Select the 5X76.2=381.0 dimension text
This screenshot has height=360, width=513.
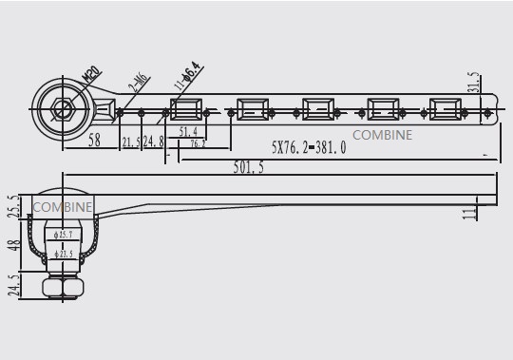pyautogui.click(x=308, y=149)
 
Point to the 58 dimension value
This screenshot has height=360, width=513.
pyautogui.click(x=94, y=140)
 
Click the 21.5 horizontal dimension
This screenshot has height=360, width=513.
pyautogui.click(x=131, y=142)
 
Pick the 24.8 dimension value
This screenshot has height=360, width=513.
pyautogui.click(x=153, y=142)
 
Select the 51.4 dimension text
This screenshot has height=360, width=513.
pyautogui.click(x=187, y=132)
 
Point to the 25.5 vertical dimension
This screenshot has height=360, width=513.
pyautogui.click(x=12, y=205)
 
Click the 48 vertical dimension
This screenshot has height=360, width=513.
pyautogui.click(x=12, y=245)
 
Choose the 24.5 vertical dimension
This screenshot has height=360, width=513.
pyautogui.click(x=12, y=285)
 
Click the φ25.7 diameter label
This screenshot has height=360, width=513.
pyautogui.click(x=64, y=234)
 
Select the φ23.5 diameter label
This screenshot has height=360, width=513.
pyautogui.click(x=64, y=255)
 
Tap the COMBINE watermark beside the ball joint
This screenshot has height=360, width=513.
pyautogui.click(x=63, y=206)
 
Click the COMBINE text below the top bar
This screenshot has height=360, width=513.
pyautogui.click(x=382, y=135)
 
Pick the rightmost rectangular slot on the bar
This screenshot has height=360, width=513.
pyautogui.click(x=446, y=109)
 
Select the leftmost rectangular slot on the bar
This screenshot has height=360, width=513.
pyautogui.click(x=187, y=109)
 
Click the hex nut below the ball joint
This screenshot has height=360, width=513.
pyautogui.click(x=64, y=287)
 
